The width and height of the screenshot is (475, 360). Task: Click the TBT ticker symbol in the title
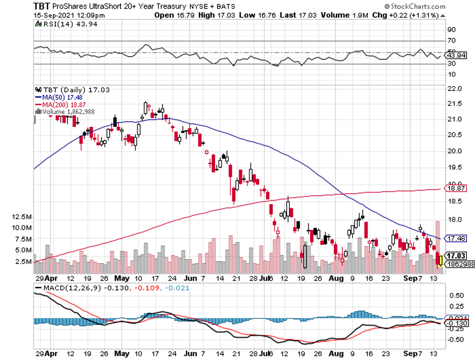(x=42, y=6)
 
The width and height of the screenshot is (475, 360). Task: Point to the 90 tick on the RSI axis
(x=451, y=29)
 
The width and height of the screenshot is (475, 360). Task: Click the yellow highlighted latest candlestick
(x=440, y=261)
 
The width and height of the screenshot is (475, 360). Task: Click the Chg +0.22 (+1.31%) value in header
(x=417, y=15)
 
